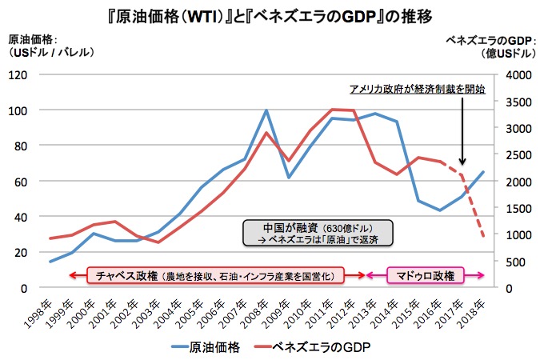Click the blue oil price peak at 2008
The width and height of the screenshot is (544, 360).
[266, 111]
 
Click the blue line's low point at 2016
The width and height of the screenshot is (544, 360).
[441, 210]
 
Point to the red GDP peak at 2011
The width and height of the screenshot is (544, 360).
[332, 109]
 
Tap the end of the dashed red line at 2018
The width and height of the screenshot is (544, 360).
[484, 237]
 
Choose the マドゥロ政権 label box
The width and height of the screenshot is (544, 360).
[426, 275]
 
